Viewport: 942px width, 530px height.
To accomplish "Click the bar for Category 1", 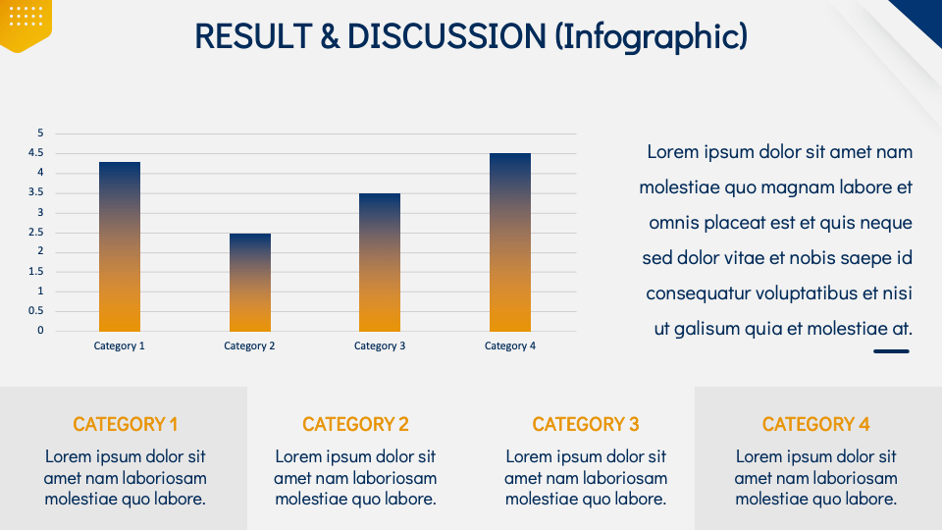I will (x=120, y=246).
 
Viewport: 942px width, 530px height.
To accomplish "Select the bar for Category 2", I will (x=250, y=282).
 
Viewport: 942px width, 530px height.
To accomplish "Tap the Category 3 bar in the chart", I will (x=380, y=262).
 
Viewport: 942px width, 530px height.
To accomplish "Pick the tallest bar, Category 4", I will (x=510, y=241).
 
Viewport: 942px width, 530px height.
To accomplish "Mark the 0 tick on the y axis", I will (x=40, y=331).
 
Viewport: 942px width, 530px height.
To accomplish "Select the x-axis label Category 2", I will (x=249, y=345).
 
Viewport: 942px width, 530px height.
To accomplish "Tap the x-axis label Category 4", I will (x=510, y=345).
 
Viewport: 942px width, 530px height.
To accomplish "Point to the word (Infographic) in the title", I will (x=651, y=36).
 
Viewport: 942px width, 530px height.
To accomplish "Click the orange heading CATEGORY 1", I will (x=126, y=424).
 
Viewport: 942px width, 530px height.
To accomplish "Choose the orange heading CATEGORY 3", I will (x=586, y=424).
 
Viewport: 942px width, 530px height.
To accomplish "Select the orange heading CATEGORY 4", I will (x=815, y=424).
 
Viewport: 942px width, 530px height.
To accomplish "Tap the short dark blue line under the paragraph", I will (x=892, y=350).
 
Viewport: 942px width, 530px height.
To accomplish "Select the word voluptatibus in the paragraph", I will (x=811, y=293).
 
